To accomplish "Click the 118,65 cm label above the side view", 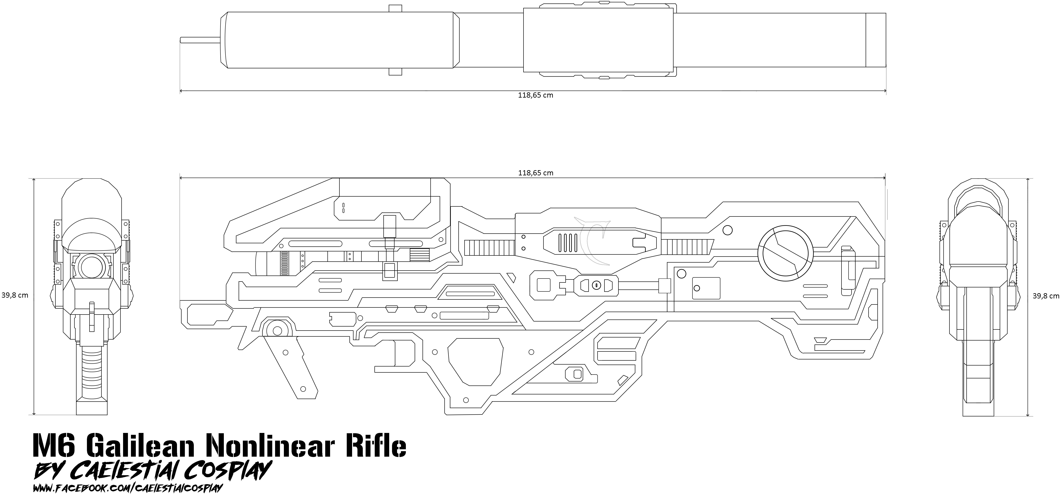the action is pos(535,173).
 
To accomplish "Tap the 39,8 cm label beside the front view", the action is pos(15,295).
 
